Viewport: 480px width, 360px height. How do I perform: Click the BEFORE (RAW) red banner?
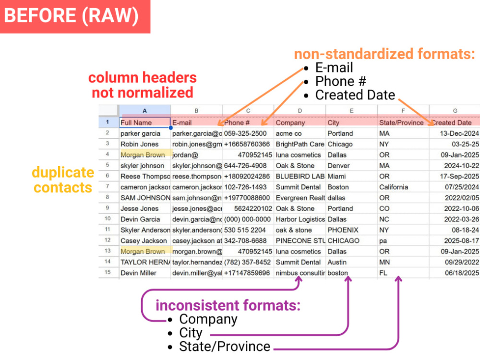[x=75, y=16]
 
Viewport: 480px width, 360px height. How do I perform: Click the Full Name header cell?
[x=145, y=122]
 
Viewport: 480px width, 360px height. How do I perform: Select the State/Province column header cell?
[x=403, y=122]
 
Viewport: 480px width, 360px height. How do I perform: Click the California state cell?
[x=394, y=187]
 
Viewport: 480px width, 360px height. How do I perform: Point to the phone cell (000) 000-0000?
[x=247, y=219]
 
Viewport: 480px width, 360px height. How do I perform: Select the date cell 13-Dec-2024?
[x=459, y=133]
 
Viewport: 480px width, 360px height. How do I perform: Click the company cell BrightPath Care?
[x=300, y=144]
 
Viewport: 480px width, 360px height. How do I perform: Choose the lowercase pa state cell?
[x=383, y=240]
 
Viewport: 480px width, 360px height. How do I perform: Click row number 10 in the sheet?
[x=108, y=219]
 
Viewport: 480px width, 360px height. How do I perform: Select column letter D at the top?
[x=300, y=111]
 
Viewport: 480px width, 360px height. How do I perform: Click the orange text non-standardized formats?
[x=384, y=54]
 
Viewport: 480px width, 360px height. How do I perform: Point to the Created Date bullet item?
[x=355, y=95]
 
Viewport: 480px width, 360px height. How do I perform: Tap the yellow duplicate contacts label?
[x=63, y=180]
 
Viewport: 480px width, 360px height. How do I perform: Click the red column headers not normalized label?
[x=143, y=85]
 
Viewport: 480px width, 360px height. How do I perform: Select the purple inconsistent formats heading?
[x=228, y=305]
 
